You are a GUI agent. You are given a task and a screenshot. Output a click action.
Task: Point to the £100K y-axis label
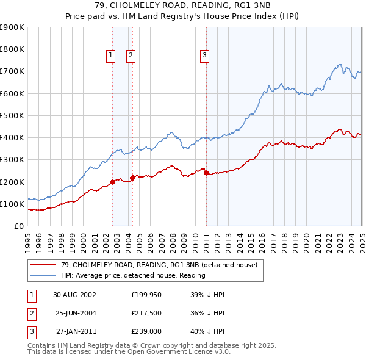pyautogui.click(x=12, y=204)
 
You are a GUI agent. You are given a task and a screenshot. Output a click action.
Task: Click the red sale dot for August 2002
pyautogui.click(x=113, y=182)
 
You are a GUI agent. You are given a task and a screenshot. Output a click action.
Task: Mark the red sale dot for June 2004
pyautogui.click(x=133, y=178)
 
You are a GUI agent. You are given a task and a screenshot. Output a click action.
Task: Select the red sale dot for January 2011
pyautogui.click(x=206, y=173)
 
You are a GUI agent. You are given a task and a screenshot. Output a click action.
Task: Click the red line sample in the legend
pyautogui.click(x=44, y=265)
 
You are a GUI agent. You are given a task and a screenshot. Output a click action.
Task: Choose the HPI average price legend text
pyautogui.click(x=133, y=275)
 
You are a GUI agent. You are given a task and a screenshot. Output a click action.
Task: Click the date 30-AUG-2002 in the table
pyautogui.click(x=75, y=294)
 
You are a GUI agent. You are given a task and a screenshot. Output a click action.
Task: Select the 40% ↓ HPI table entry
pyautogui.click(x=208, y=333)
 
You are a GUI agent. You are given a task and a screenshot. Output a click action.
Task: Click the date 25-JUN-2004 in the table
pyautogui.click(x=75, y=314)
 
